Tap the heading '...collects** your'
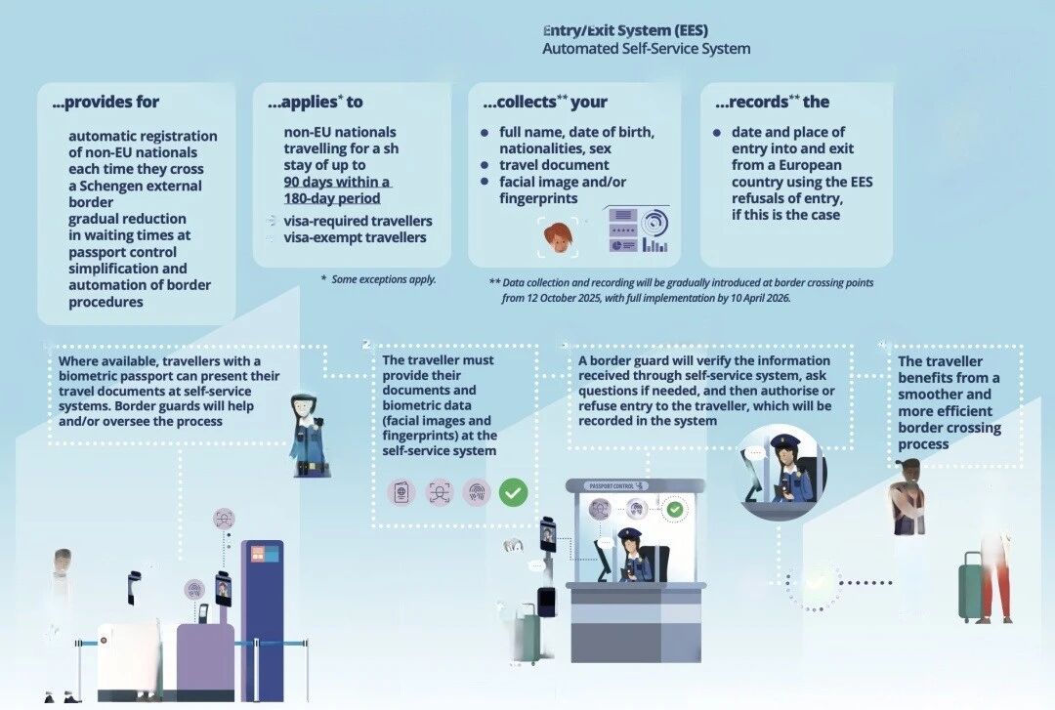point(544,102)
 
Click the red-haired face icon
point(556,235)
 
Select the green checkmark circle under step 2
point(513,492)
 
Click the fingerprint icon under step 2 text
point(476,492)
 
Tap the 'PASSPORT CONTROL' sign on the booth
point(616,485)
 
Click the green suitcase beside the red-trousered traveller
point(972,587)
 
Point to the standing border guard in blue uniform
point(307,436)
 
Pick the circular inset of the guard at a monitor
point(781,472)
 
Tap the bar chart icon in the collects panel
point(655,243)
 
